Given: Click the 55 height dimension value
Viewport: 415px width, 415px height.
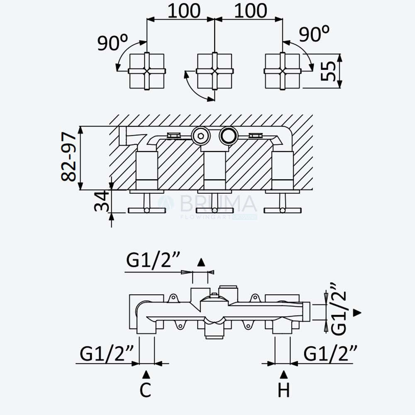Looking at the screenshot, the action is [328, 71].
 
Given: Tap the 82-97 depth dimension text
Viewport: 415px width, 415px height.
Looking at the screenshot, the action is [68, 157].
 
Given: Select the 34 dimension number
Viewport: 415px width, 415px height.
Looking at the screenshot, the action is [102, 201].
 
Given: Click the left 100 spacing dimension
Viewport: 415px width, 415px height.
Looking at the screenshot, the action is [184, 11].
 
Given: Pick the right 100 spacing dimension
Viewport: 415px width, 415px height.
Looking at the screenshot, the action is [251, 11].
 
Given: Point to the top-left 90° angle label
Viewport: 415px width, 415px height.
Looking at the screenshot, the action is [113, 42].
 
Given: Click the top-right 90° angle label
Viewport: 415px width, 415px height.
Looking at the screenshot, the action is [314, 33].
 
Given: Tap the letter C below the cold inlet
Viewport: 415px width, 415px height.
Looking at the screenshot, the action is [145, 390].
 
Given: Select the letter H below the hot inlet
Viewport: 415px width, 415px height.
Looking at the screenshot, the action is [284, 390].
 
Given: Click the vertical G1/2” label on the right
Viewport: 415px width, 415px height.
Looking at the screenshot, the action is [339, 309].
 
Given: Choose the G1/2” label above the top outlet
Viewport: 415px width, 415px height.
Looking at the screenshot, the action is [153, 261].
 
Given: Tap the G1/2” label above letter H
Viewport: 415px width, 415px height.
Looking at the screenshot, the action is [330, 353].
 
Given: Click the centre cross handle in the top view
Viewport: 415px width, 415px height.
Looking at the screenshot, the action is [215, 71].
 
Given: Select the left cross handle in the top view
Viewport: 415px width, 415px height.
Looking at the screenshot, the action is [147, 71].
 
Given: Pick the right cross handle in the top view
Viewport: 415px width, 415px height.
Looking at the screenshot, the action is [282, 71].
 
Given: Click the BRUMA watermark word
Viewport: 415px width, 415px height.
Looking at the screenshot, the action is [219, 203].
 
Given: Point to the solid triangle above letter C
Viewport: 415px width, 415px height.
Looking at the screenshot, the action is [146, 374].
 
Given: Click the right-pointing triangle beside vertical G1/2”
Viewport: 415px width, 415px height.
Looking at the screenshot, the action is [357, 312].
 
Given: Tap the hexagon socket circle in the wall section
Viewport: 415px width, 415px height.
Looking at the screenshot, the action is [200, 136].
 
